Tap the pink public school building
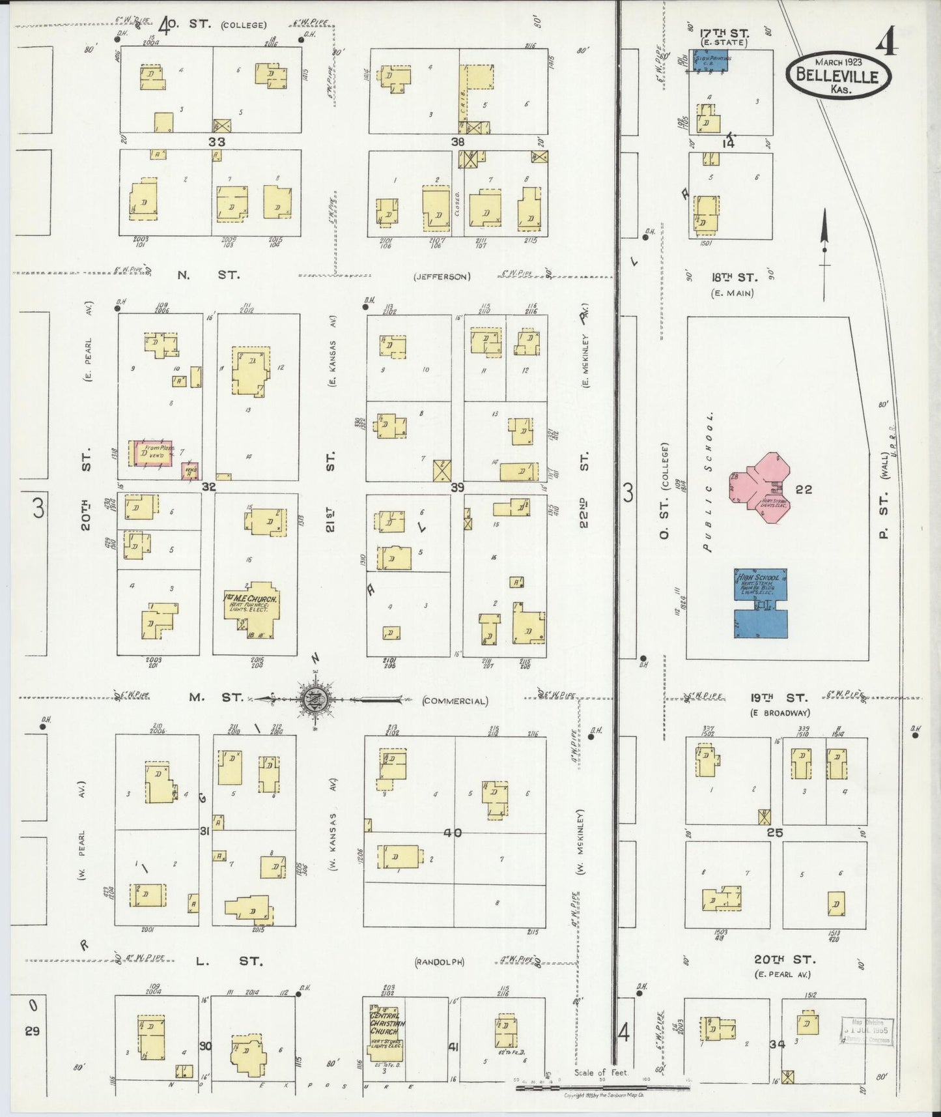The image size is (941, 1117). coord(761,488)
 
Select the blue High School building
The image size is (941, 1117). coord(761,603)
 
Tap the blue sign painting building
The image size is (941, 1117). coord(710,61)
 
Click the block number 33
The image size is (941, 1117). coord(217,141)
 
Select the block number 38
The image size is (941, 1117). coord(458,141)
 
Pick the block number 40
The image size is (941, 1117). coord(453,833)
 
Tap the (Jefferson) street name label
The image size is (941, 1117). coord(442,277)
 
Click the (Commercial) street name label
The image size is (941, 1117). coord(455,701)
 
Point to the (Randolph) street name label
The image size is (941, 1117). coord(440,962)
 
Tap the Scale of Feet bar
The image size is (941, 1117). coord(602,1086)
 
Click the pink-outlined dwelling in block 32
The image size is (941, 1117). coord(153,453)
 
